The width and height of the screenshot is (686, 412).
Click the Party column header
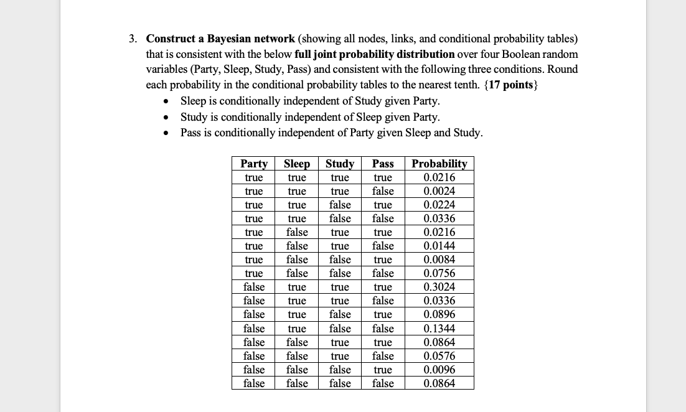(x=254, y=164)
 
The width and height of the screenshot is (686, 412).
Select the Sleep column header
(x=297, y=164)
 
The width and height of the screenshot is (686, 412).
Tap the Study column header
(x=340, y=164)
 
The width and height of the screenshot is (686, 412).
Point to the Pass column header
(x=383, y=164)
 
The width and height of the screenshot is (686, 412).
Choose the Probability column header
(x=439, y=164)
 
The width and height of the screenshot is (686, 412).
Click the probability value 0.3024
(x=439, y=287)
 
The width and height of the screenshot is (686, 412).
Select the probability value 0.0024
(x=439, y=191)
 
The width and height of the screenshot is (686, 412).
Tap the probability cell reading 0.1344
(x=439, y=329)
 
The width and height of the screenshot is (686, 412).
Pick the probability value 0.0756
(x=439, y=273)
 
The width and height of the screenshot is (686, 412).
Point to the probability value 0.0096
(x=439, y=370)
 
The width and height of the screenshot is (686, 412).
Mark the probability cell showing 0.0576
(x=439, y=356)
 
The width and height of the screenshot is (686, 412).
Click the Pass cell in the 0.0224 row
(x=383, y=205)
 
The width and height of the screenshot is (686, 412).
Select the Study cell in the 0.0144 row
(x=340, y=246)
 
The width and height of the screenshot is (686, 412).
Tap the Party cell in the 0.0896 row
(x=254, y=314)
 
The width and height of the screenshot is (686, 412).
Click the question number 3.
(x=133, y=39)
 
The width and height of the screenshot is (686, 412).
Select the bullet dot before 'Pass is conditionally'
(x=165, y=133)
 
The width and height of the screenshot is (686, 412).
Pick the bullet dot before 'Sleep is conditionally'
(x=165, y=101)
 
